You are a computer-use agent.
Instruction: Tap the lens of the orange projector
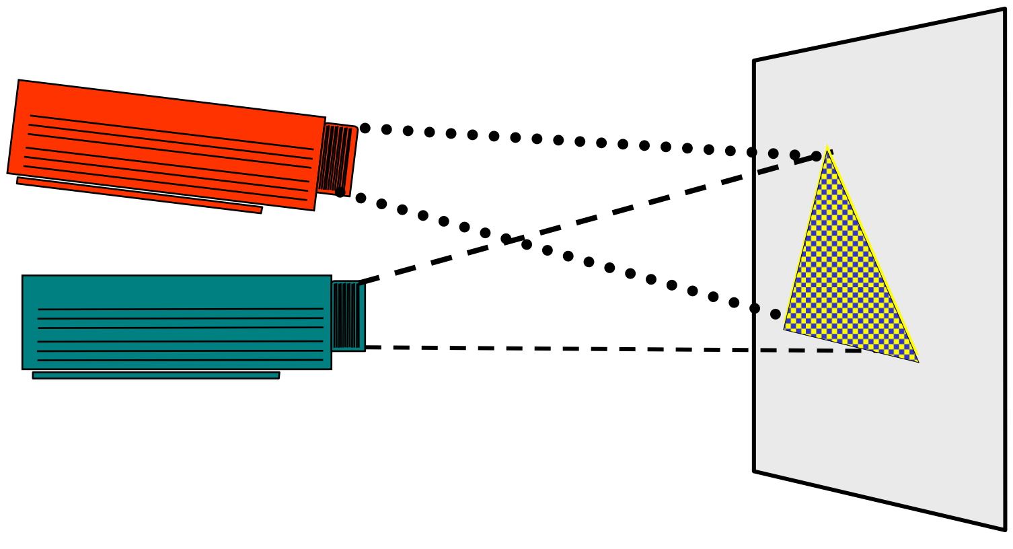(x=337, y=159)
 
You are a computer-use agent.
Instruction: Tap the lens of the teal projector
(x=348, y=316)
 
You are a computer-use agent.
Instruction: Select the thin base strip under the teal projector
(x=155, y=375)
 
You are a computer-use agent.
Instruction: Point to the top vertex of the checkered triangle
(x=827, y=148)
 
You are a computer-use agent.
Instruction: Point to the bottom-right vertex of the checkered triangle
(x=918, y=362)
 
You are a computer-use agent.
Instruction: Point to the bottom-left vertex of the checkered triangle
(x=784, y=329)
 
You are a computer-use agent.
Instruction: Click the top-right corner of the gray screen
(x=1004, y=9)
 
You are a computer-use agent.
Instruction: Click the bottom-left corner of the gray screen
(x=754, y=471)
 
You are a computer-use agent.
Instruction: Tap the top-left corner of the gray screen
(x=754, y=61)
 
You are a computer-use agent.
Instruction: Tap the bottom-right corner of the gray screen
(x=1005, y=529)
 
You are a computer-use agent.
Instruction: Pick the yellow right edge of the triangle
(x=873, y=254)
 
